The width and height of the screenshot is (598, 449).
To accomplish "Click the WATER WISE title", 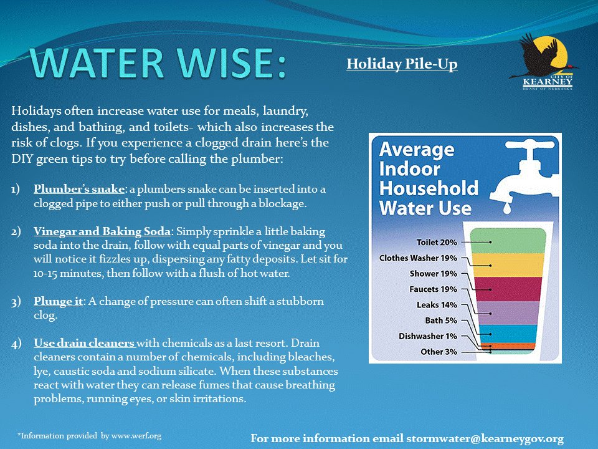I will coord(159,63).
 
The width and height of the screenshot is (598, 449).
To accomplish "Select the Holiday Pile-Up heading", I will coord(402,64).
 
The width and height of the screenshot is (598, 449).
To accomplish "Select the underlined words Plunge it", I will coord(59,301).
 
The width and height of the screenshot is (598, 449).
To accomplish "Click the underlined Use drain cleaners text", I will coord(84,344).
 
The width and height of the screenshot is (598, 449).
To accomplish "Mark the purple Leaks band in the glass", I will coord(512,312).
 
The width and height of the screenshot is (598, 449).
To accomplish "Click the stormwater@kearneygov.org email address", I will coord(485,439).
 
